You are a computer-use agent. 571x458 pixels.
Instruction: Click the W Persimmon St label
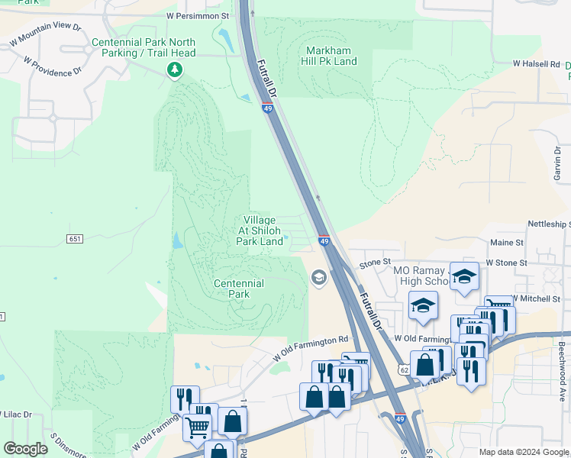point(197,15)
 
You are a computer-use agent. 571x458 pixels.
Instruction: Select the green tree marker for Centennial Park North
point(176,70)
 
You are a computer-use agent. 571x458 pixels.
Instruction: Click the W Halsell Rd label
point(536,64)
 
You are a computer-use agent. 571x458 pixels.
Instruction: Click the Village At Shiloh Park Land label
point(260,231)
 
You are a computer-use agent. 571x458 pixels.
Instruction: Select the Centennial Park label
point(239,289)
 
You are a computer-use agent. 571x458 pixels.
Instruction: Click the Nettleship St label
point(549,224)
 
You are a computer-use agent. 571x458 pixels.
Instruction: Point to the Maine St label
point(507,243)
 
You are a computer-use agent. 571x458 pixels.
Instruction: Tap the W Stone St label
point(506,263)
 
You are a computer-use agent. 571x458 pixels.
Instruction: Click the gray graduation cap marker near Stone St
point(318,277)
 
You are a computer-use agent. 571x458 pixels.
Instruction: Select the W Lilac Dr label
point(16,414)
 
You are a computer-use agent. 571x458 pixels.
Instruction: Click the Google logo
point(26,449)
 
